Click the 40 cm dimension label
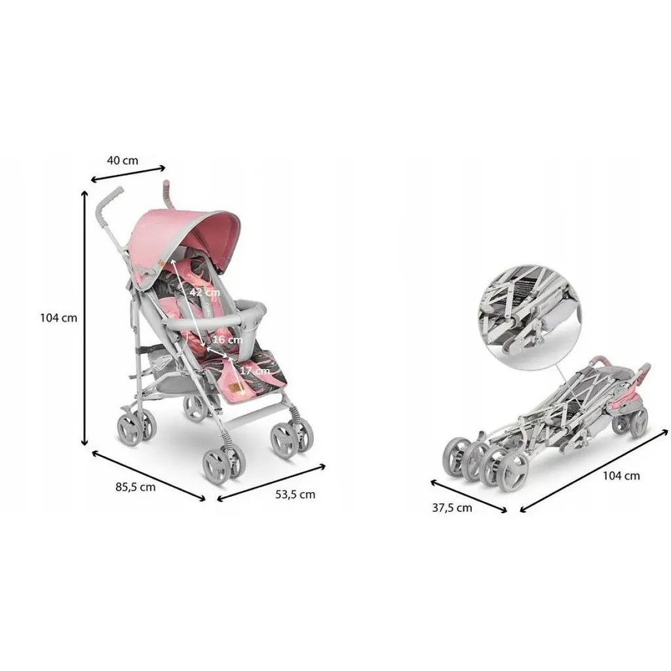click(123, 161)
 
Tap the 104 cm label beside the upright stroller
click(58, 318)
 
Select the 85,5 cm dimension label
click(135, 487)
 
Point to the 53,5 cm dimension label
click(295, 495)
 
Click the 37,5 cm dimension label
click(452, 508)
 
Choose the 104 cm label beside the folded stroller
click(621, 476)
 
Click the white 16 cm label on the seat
click(227, 340)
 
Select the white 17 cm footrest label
click(255, 371)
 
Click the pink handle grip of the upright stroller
click(166, 193)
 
